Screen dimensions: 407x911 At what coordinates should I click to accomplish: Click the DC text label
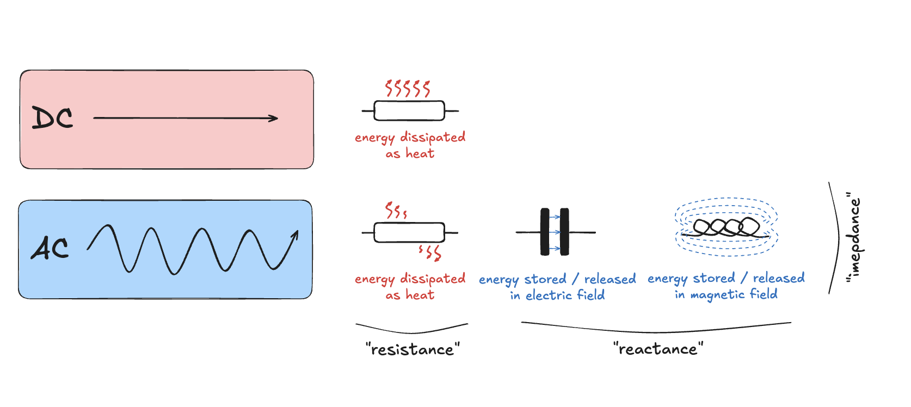tap(52, 118)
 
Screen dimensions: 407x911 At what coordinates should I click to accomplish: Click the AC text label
tap(50, 248)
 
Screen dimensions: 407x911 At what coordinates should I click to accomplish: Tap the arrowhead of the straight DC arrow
tap(274, 118)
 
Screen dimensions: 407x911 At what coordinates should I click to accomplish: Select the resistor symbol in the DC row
tap(409, 111)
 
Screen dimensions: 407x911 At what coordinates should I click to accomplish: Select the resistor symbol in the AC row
tap(409, 232)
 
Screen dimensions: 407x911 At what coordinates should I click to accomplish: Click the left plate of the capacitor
tap(545, 232)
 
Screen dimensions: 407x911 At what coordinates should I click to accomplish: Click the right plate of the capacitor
tap(564, 232)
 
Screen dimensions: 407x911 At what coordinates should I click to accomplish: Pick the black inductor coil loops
tap(727, 227)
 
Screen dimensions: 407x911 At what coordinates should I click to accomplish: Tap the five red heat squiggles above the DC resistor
tap(408, 88)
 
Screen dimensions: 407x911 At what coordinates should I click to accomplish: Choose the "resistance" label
tap(413, 349)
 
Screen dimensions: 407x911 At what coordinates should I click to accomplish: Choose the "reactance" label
tap(658, 349)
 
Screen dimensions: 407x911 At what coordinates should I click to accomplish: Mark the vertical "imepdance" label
tap(854, 238)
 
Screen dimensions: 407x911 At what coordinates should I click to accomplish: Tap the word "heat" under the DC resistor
tap(420, 154)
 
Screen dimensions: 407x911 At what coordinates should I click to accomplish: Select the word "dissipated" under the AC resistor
tap(433, 279)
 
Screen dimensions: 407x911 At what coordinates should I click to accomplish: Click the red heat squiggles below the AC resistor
tap(430, 252)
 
